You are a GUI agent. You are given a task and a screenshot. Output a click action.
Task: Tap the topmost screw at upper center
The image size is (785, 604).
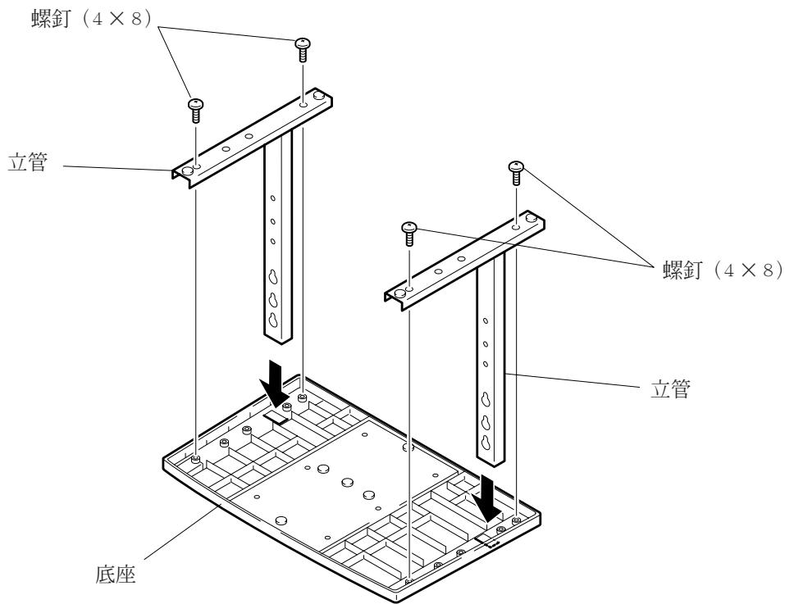(302, 48)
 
